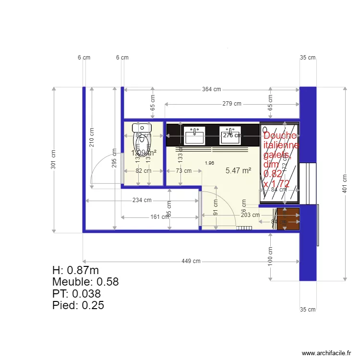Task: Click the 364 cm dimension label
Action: coord(211,89)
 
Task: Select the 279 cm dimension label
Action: coord(231,104)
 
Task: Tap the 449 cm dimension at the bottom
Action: coord(191,261)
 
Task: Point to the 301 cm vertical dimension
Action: coord(53,159)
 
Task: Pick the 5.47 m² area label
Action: coord(239,170)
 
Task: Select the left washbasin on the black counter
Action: coord(195,135)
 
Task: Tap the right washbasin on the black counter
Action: coord(230,135)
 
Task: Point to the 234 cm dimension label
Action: coord(142,200)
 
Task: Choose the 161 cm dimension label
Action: coord(159,217)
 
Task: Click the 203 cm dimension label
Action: coord(250,215)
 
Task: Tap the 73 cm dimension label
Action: coord(183,170)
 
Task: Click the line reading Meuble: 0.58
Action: coord(85,282)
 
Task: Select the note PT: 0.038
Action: coord(76,293)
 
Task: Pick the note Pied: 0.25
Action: coord(78,305)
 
